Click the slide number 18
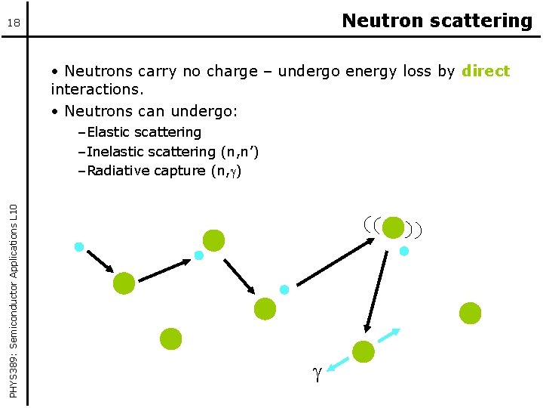(x=14, y=23)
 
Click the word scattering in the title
(x=481, y=21)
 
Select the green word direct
(x=486, y=71)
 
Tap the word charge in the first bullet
(x=232, y=71)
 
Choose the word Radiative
(x=120, y=171)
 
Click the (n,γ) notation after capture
(x=226, y=171)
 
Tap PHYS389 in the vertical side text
(x=13, y=374)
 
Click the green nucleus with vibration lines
(x=393, y=227)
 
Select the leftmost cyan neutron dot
(x=79, y=246)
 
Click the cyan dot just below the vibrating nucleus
(x=403, y=251)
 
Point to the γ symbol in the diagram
(x=317, y=374)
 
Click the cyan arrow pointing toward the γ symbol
(x=338, y=365)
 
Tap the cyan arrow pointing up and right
(x=389, y=335)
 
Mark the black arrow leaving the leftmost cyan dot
(x=100, y=261)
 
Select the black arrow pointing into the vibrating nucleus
(x=336, y=262)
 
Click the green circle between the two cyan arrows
(x=364, y=351)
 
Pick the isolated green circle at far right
(x=470, y=313)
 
